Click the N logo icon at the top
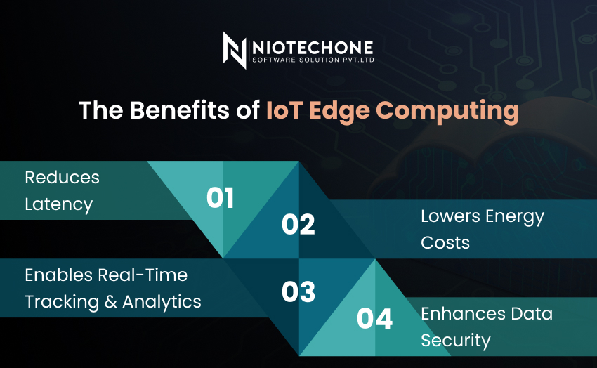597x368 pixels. click(235, 51)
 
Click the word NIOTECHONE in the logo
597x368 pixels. click(313, 48)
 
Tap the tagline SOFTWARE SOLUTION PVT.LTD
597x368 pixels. click(313, 60)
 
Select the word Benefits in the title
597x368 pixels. click(179, 110)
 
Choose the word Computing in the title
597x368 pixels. click(447, 112)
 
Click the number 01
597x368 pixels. click(220, 198)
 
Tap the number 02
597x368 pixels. click(298, 224)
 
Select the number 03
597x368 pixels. click(298, 292)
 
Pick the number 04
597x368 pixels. click(374, 319)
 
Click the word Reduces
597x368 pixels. click(62, 178)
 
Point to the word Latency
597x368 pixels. click(58, 205)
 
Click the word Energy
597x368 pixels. click(515, 217)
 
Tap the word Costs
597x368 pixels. click(445, 243)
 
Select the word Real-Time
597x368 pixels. click(143, 275)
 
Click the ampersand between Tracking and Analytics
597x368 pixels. click(110, 302)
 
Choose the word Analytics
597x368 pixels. click(162, 303)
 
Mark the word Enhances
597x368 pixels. click(463, 314)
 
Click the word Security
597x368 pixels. click(456, 341)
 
